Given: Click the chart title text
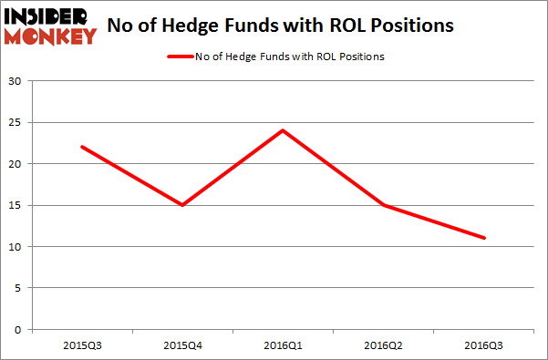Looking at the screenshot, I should [x=281, y=26].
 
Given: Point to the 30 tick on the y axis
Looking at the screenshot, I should [x=16, y=81].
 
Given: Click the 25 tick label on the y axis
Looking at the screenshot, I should [x=16, y=123].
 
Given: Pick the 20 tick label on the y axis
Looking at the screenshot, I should [x=16, y=164].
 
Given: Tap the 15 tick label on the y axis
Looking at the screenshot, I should [x=16, y=205].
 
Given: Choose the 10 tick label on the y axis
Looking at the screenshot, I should [x=16, y=247].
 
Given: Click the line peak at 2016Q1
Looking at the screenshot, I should [x=284, y=130].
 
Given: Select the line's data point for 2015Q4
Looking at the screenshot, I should [x=182, y=205].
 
